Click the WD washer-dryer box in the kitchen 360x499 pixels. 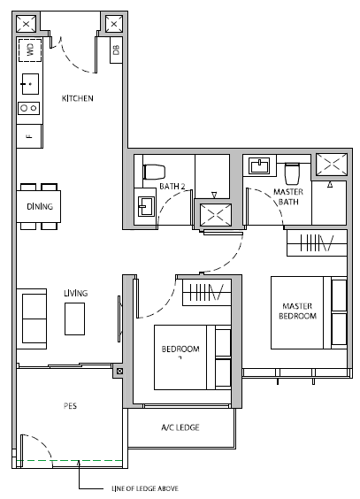click(30, 50)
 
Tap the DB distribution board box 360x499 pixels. click(116, 50)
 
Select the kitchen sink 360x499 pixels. click(30, 84)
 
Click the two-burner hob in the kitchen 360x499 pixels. click(28, 109)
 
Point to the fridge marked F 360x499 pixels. click(29, 136)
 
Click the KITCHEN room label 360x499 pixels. click(78, 98)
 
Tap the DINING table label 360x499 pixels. click(40, 206)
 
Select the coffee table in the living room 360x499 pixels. click(74, 319)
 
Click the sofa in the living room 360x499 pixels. click(32, 319)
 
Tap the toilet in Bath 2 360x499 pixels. click(154, 173)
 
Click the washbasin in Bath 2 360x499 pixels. click(146, 206)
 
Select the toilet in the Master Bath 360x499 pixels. click(292, 173)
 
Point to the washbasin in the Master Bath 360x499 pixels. click(259, 165)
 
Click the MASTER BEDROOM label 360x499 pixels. click(297, 311)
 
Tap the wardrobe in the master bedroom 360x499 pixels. click(317, 243)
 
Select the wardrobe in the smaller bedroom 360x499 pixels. click(207, 293)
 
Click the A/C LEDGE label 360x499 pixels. click(180, 427)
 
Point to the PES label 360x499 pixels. click(70, 406)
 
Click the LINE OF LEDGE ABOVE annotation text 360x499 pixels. click(145, 488)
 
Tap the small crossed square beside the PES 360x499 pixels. click(119, 371)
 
